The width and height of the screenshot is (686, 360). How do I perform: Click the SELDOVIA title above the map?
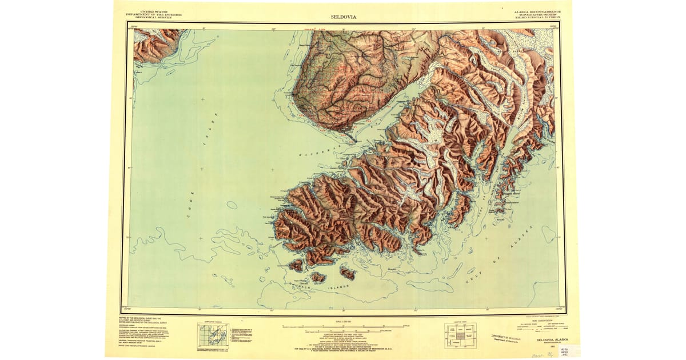tap(342, 16)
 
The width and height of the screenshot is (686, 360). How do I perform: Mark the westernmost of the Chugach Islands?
tap(296, 265)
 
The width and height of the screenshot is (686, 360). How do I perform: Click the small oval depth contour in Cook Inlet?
tap(232, 205)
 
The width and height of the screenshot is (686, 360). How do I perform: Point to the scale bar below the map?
tap(343, 327)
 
